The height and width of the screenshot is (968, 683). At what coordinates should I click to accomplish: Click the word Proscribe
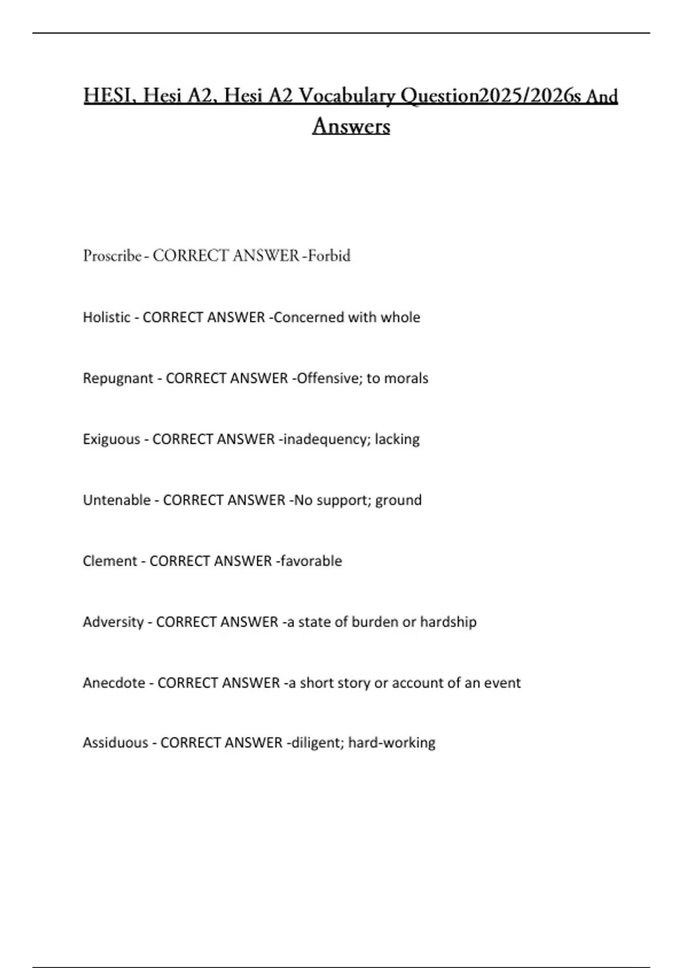click(112, 256)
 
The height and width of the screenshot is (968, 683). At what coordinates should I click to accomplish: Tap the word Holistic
click(106, 317)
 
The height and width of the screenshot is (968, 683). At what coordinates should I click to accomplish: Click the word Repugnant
click(118, 378)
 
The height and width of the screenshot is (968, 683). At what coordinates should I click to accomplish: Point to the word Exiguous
click(111, 439)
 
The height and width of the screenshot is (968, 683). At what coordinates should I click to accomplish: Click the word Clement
click(110, 561)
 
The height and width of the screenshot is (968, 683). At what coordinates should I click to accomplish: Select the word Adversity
click(113, 622)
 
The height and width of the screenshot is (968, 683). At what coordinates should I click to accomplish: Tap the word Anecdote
click(114, 683)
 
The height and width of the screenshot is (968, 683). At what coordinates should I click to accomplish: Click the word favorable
click(311, 561)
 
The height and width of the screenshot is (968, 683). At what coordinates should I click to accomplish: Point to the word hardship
click(448, 622)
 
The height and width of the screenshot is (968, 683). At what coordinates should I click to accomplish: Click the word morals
click(406, 378)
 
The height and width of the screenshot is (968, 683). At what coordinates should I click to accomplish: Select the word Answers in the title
click(351, 126)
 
